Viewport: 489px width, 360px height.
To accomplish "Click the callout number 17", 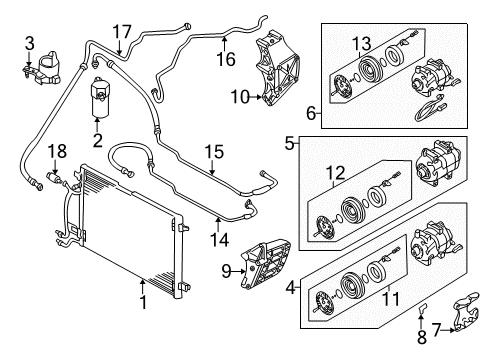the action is coord(122,32).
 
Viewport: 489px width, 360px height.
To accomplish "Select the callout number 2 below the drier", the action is coord(97,140).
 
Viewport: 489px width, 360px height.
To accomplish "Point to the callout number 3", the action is coord(30,43).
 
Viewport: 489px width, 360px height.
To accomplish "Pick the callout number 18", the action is coord(57,151).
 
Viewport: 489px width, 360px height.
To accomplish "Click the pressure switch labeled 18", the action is coord(55,177).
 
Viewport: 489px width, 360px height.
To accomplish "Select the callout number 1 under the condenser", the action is coord(143,302).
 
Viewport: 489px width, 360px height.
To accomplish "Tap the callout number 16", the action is coord(226,59).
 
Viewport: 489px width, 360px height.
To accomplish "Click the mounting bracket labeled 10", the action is coord(277,69).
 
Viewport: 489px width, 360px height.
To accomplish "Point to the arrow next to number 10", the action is coord(256,97).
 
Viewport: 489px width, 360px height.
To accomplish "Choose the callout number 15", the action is coord(214,152).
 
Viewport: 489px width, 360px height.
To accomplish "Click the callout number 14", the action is coord(219,240).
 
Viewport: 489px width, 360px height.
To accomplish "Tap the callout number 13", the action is coord(362,44).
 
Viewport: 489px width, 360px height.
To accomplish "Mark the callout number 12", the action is coord(335,173).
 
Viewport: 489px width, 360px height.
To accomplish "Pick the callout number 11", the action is coord(390,299).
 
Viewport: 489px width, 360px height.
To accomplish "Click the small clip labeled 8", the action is coord(422,309).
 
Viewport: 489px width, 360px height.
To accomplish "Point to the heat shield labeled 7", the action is coord(466,312).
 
